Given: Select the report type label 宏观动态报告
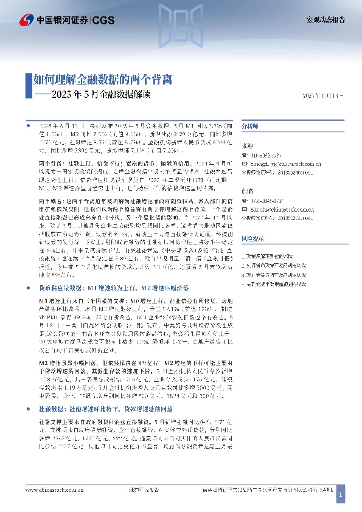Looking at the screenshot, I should pyautogui.click(x=325, y=19).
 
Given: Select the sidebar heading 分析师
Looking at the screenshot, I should pyautogui.click(x=250, y=125).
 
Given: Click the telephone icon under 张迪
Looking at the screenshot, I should pyautogui.click(x=245, y=155).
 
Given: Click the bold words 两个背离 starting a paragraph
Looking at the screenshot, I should pyautogui.click(x=49, y=164).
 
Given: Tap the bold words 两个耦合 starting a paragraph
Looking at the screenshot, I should pyautogui.click(x=49, y=199).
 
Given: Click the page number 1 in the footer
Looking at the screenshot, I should pyautogui.click(x=341, y=496).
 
